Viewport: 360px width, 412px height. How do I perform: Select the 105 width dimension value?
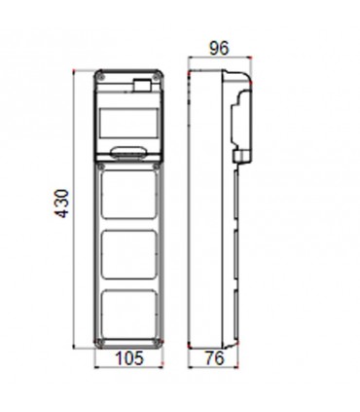click(x=129, y=358)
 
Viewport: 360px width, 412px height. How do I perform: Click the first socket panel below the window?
click(x=129, y=193)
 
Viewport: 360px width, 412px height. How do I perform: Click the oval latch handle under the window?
click(x=129, y=152)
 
